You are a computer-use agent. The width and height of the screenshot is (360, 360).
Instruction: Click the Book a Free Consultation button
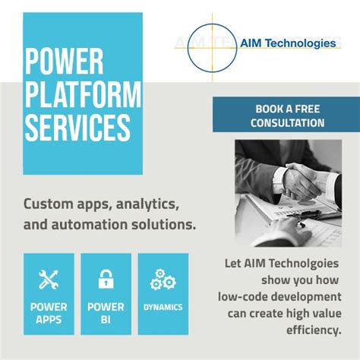tap(285, 115)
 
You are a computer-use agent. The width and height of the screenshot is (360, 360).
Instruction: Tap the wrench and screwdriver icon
tap(49, 279)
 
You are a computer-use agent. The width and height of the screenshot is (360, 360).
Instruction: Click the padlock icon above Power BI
tap(106, 279)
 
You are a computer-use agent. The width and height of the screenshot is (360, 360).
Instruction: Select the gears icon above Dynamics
tap(163, 279)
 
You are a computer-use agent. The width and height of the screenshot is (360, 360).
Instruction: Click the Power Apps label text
tap(49, 314)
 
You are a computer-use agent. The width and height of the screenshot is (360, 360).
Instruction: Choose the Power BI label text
tap(106, 314)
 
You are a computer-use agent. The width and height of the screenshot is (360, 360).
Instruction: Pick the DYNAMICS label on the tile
tap(163, 308)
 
